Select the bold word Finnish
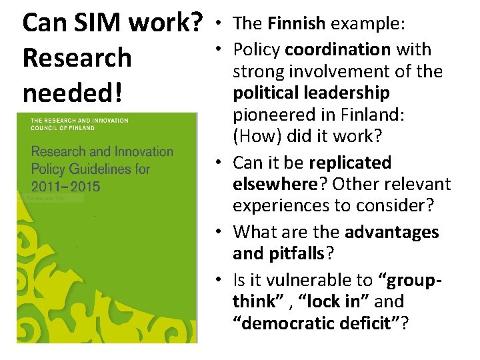coord(296,24)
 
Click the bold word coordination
coord(337,49)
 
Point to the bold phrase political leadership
coord(311,92)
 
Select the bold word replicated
coord(350,163)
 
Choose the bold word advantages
coord(392,232)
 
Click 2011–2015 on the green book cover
coord(65,185)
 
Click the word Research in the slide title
coord(77,57)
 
